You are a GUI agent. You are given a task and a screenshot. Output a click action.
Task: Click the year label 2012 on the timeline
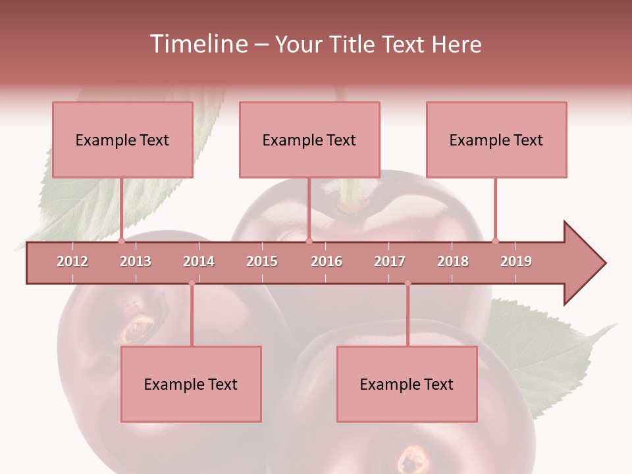[x=72, y=261]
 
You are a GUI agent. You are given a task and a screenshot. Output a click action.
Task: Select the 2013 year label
[x=136, y=261]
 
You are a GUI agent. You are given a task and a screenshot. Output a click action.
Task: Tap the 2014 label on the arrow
[x=199, y=261]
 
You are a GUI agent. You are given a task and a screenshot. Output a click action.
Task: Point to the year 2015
[x=262, y=261]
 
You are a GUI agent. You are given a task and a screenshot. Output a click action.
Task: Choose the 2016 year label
[x=327, y=261]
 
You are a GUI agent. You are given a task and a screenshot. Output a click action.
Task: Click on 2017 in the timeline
[x=390, y=261]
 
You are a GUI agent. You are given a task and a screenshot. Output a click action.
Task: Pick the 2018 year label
[x=453, y=261]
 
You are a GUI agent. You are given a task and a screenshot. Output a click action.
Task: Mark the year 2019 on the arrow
[x=516, y=261]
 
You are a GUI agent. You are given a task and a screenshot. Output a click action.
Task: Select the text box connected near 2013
[x=122, y=140]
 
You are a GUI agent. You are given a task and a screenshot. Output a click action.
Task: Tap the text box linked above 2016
[x=309, y=140]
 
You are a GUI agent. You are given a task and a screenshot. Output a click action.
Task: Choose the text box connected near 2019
[x=496, y=140]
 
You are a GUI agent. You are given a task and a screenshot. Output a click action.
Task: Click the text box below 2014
[x=191, y=384]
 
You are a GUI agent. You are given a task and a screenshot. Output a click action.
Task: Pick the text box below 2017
[x=407, y=384]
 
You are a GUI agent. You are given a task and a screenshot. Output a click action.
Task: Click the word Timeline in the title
[x=197, y=44]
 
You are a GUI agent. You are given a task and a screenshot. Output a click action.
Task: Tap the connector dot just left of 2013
[x=121, y=241]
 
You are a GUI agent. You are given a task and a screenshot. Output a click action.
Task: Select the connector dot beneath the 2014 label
[x=192, y=283]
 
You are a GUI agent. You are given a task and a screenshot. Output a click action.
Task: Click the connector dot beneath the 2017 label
[x=408, y=283]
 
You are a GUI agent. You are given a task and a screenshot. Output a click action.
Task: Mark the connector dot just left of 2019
[x=495, y=241]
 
